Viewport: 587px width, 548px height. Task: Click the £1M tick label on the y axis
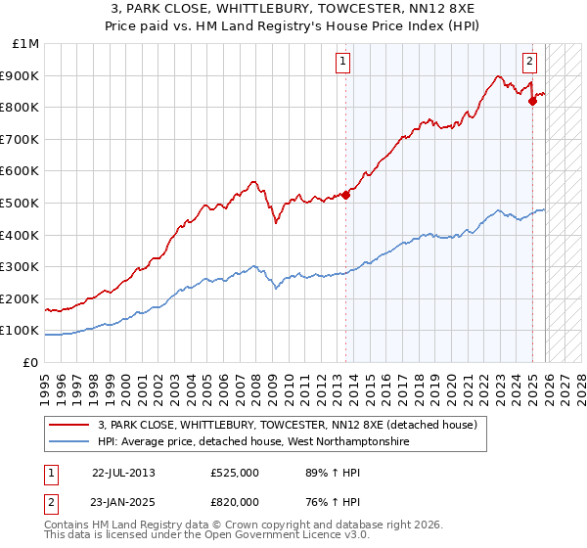tap(24, 44)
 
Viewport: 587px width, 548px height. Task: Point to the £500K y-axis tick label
tap(21, 203)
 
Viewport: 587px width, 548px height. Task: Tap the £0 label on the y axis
tap(31, 362)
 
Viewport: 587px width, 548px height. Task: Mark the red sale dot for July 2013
tap(346, 194)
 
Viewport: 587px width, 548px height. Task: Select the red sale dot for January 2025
tap(532, 100)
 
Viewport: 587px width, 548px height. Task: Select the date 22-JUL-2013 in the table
tap(123, 472)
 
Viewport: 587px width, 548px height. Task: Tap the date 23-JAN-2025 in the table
tap(123, 503)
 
